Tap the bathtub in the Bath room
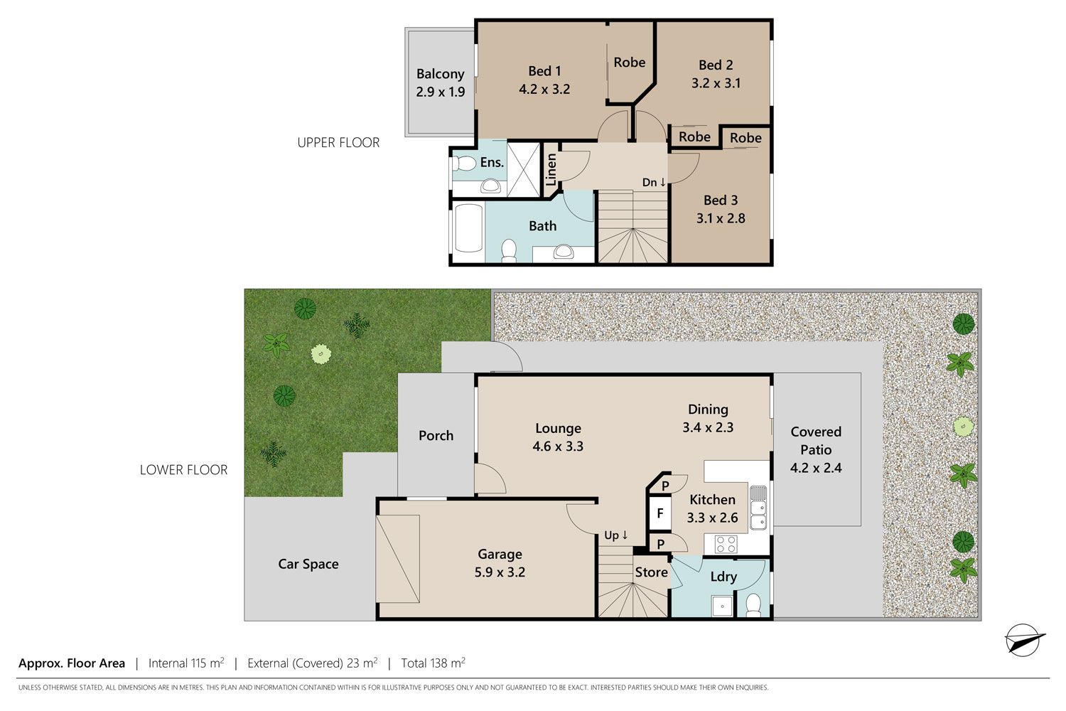pos(469,228)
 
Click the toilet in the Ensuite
pos(464,164)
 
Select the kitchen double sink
pos(758,508)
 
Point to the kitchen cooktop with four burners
pos(727,544)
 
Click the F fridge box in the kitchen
pos(660,513)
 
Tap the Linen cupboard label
pos(551,169)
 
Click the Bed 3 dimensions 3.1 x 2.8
pos(721,218)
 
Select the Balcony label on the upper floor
pos(440,74)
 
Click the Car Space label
pos(308,564)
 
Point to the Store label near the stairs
pos(651,572)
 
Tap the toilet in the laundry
pos(753,604)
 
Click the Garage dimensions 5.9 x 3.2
pos(500,572)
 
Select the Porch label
pos(436,435)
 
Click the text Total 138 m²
pos(433,663)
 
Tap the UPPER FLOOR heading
pos(338,142)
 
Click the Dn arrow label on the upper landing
pos(654,182)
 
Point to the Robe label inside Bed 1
pos(629,63)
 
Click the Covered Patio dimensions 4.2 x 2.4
pos(816,468)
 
